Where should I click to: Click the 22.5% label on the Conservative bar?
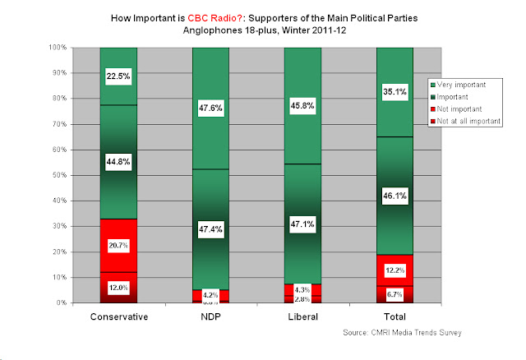click(118, 76)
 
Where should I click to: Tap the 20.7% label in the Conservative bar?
click(118, 245)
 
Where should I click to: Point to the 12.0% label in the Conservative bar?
click(118, 288)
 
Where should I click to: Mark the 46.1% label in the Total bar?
click(394, 196)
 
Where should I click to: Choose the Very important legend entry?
click(465, 85)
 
